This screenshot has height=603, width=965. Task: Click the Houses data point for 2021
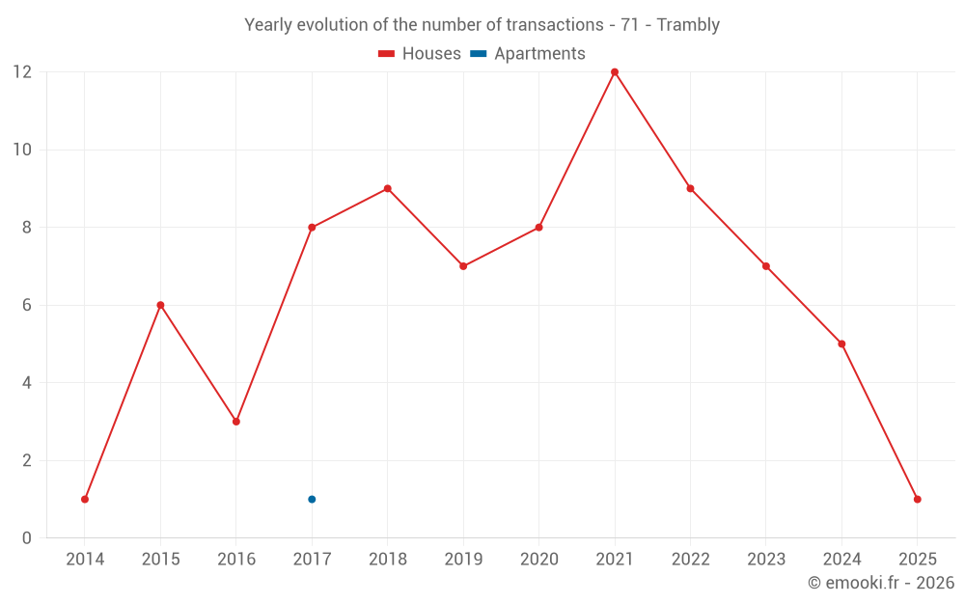(615, 72)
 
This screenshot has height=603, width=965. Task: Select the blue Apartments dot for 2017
(312, 499)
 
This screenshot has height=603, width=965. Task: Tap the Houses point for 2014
(85, 499)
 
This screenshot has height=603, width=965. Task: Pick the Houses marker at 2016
(236, 422)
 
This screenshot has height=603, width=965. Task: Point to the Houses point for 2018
(388, 188)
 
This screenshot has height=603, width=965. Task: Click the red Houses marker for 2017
(312, 228)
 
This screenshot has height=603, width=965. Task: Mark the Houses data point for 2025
(917, 499)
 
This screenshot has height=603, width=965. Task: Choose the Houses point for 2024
(841, 343)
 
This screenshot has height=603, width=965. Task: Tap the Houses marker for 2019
(463, 266)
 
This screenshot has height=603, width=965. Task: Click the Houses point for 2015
(160, 305)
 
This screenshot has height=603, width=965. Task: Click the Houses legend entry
(420, 54)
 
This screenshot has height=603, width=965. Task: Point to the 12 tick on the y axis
(22, 72)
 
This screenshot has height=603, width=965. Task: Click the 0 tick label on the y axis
(27, 537)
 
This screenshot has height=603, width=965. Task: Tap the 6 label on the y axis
(27, 305)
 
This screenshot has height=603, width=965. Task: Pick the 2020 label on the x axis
(538, 560)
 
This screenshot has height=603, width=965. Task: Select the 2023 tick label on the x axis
(765, 560)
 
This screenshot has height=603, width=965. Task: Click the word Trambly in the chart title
(688, 25)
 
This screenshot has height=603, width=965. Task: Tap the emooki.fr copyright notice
(881, 583)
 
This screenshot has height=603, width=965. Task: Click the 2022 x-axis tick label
(690, 560)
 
